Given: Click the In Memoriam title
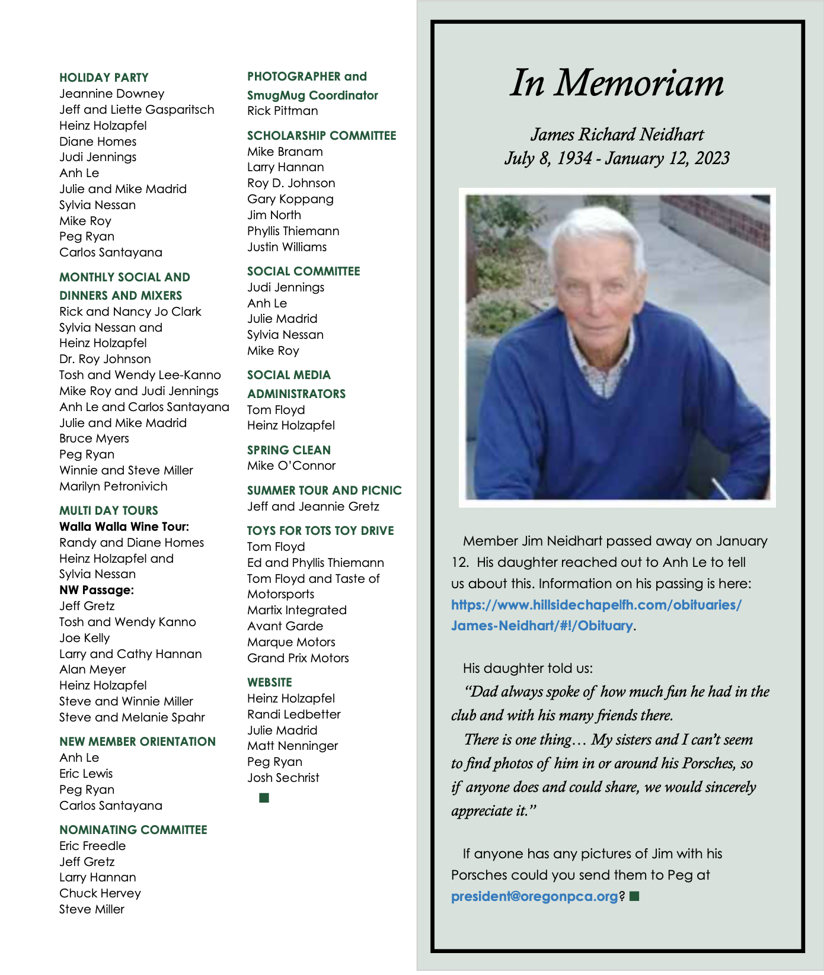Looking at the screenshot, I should click(x=617, y=83).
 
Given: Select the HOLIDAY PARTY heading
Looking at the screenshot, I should click(x=104, y=78).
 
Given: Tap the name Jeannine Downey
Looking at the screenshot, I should click(x=111, y=94).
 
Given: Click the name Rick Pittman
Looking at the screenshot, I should click(x=282, y=111).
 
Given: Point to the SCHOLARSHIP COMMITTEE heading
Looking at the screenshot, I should click(x=321, y=136).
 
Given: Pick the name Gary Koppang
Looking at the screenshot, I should click(x=290, y=199).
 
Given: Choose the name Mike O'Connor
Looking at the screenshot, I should click(x=291, y=466).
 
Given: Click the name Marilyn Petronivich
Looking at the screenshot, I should click(x=113, y=486).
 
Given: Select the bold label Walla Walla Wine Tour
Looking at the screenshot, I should click(x=124, y=527).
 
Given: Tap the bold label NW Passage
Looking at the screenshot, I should click(x=96, y=590).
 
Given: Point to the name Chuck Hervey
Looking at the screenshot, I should click(x=100, y=893).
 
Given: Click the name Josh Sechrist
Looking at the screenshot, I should click(x=283, y=778).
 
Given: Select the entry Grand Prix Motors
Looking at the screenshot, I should click(x=298, y=658).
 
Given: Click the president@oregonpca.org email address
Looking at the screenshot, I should click(x=534, y=896).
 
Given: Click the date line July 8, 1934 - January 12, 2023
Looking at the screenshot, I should click(x=617, y=159).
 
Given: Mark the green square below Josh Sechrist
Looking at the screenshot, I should click(x=264, y=798).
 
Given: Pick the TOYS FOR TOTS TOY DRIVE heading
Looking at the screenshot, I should click(x=320, y=531).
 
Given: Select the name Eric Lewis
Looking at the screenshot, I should click(x=85, y=774).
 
